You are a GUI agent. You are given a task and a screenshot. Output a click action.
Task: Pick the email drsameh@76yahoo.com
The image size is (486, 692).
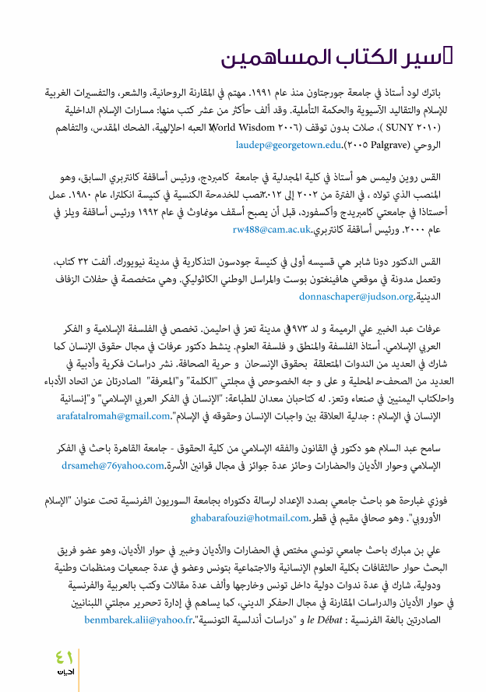coord(111,466)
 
